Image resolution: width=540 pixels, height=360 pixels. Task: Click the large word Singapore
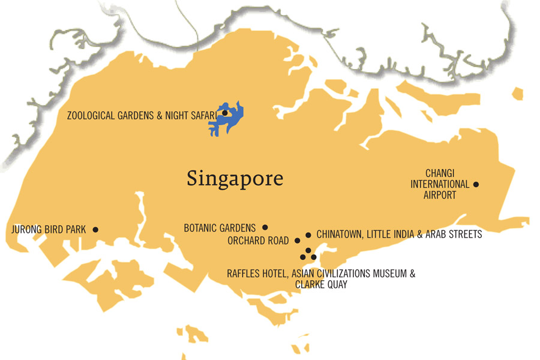point(235,178)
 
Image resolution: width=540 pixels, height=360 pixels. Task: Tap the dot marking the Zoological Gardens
point(224,113)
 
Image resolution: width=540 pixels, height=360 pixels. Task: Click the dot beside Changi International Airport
point(476,185)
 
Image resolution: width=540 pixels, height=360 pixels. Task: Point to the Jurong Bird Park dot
point(95,229)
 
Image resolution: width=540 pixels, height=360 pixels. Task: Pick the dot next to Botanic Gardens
point(265,227)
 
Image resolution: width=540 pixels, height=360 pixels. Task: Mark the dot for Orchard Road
point(298,241)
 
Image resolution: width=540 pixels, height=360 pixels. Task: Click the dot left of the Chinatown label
point(308,235)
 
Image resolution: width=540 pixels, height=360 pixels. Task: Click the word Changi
point(440,173)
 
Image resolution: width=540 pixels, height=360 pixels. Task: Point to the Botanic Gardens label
point(220,228)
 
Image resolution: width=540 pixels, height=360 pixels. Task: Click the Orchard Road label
point(259,241)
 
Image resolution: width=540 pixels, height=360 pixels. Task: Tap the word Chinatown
point(340,235)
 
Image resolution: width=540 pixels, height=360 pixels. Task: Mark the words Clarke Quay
point(321,285)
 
